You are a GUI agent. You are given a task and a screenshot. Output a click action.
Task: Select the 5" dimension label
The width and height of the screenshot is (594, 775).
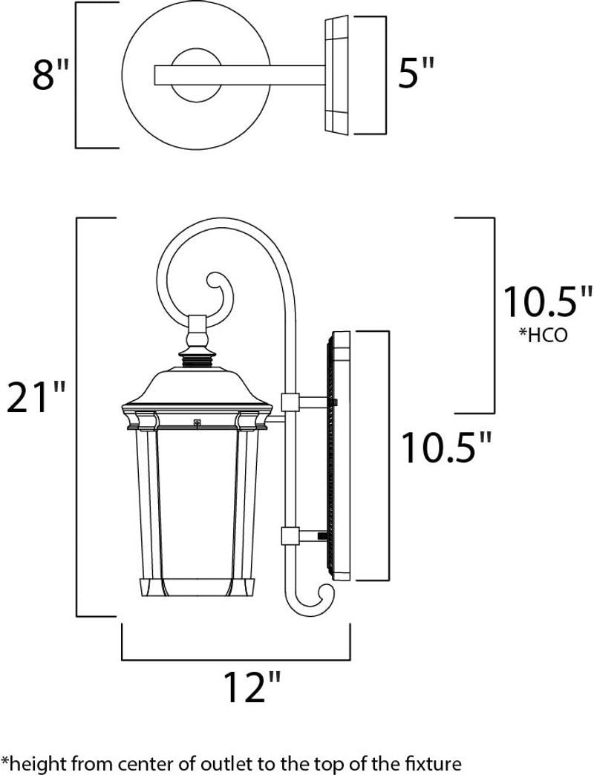pos(415,74)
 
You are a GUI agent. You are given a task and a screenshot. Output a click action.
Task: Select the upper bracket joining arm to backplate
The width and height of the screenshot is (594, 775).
pos(291,402)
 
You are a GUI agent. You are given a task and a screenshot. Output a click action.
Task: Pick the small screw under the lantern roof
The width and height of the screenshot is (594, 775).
pos(198,423)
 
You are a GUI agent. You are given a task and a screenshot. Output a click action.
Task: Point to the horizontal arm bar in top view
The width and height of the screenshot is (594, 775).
pos(238,75)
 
